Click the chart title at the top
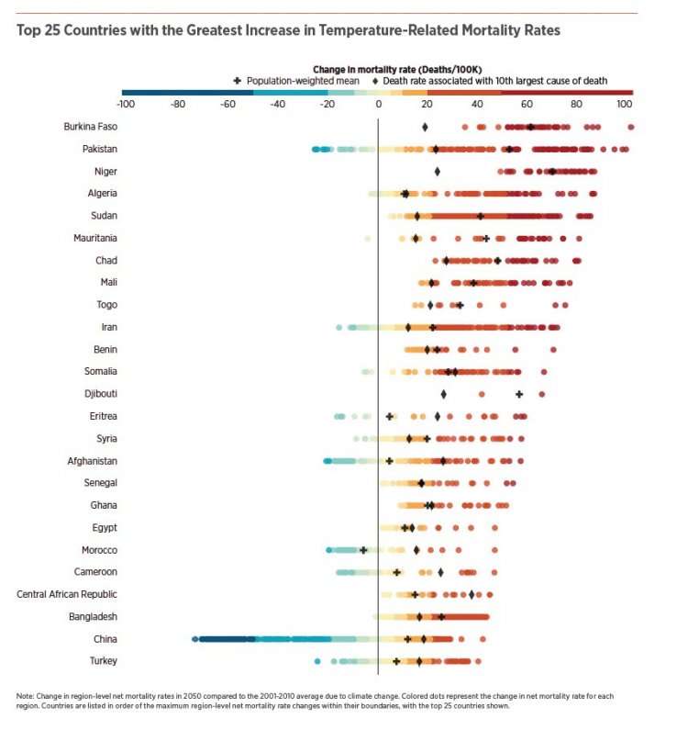click(x=288, y=30)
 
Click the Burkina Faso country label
click(x=90, y=127)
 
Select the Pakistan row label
click(x=98, y=149)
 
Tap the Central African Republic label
click(x=67, y=594)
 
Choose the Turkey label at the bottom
click(x=104, y=661)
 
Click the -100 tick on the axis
click(x=127, y=104)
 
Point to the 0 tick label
click(x=378, y=104)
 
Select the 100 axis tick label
click(x=625, y=104)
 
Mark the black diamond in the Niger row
click(x=438, y=172)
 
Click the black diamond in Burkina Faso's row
click(x=425, y=127)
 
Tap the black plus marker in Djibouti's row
click(x=519, y=394)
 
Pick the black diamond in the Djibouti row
click(x=443, y=394)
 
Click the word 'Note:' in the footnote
click(x=25, y=696)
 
